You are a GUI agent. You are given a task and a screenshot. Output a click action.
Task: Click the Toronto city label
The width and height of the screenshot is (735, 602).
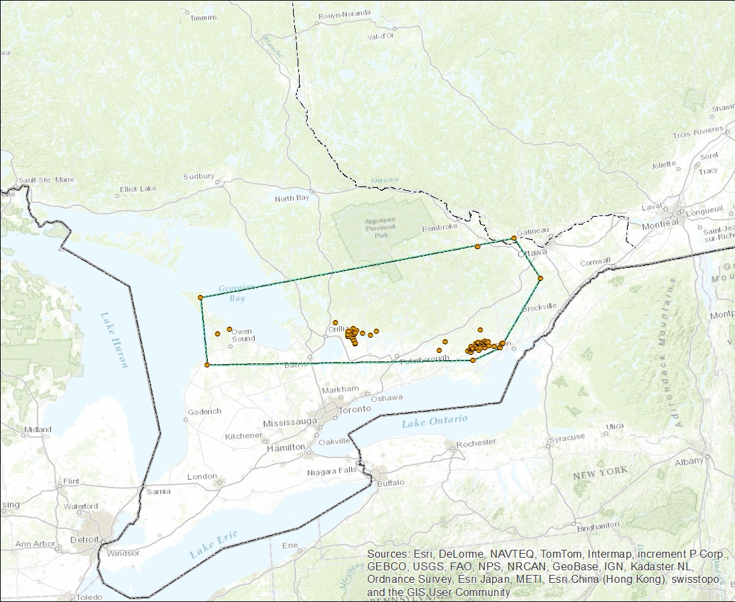(355, 409)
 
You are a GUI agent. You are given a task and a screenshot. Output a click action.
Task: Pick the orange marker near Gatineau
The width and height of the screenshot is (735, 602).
(514, 238)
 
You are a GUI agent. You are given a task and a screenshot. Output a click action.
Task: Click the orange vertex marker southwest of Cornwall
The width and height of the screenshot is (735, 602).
(540, 278)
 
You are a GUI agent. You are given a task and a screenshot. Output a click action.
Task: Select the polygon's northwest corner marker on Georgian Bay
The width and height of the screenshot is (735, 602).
(200, 297)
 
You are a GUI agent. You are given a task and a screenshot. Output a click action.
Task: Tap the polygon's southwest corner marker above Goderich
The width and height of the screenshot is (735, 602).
(207, 365)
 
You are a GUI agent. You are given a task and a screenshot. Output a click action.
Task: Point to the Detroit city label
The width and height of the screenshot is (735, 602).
(84, 539)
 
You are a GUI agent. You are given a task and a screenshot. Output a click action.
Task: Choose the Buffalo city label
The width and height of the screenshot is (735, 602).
(390, 483)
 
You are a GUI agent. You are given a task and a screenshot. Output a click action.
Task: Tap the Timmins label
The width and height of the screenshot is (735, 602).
(203, 18)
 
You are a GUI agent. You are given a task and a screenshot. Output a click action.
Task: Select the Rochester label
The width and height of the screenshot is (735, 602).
(476, 442)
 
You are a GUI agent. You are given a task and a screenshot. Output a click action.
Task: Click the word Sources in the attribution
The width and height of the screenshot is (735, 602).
(388, 553)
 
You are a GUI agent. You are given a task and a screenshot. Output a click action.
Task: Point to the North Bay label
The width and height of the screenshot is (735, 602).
(292, 198)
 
